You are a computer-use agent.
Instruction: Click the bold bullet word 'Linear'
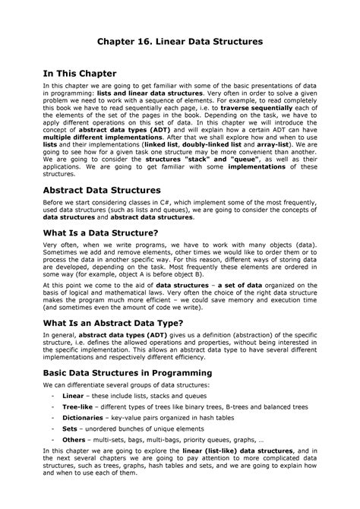(x=73, y=397)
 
